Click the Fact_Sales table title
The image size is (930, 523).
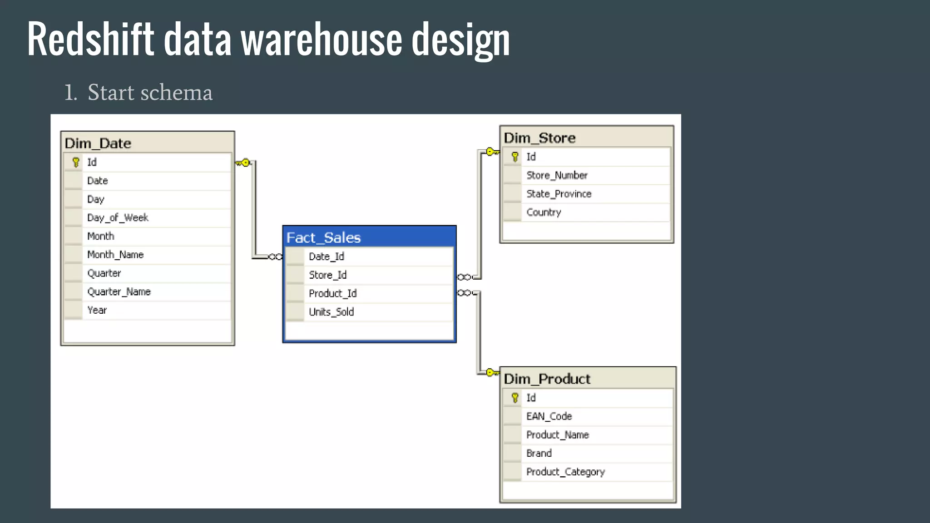click(323, 237)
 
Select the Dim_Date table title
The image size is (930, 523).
click(98, 143)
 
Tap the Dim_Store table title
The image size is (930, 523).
click(539, 138)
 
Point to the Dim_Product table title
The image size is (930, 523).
click(547, 379)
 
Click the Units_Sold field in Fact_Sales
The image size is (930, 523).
click(331, 312)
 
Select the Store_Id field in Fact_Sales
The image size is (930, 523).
click(327, 275)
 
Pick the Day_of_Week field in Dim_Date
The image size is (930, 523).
click(118, 218)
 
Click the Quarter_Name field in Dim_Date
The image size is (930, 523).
click(119, 292)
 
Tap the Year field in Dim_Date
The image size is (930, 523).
click(97, 311)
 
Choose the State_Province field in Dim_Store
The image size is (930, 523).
click(559, 194)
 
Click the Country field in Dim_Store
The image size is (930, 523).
click(544, 212)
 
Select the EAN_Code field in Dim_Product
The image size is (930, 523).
click(549, 416)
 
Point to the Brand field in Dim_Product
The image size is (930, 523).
click(539, 453)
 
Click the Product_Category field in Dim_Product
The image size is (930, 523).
click(565, 472)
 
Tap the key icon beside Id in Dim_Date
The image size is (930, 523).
click(76, 162)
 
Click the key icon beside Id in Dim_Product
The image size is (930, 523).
click(515, 398)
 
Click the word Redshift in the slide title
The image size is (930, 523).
click(90, 39)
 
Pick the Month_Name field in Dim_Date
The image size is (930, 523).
click(115, 255)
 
